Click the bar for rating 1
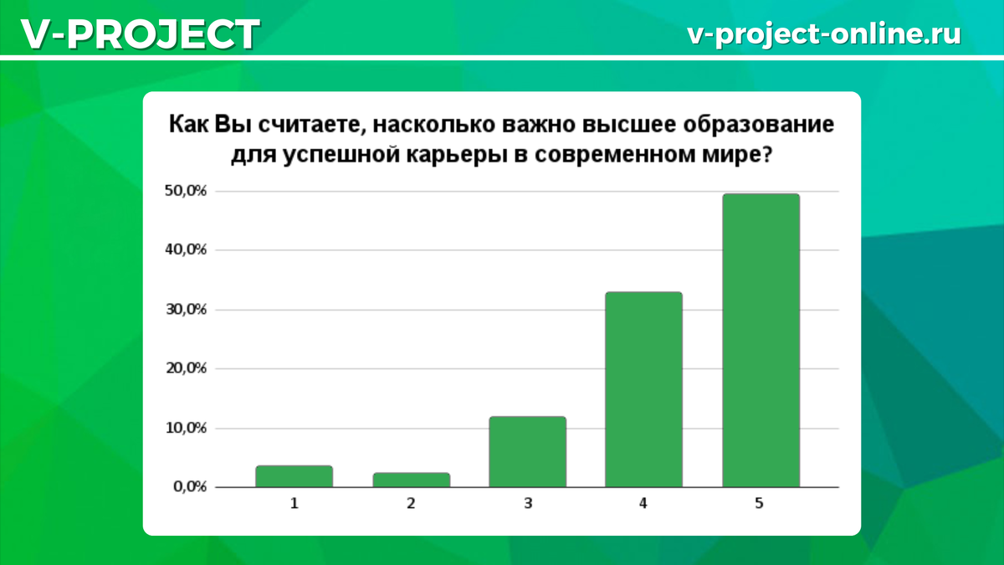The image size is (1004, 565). tap(294, 476)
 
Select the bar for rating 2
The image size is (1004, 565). tap(411, 480)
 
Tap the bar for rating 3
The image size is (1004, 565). tap(528, 451)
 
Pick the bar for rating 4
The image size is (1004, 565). tap(643, 389)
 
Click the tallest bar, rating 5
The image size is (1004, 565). tap(761, 341)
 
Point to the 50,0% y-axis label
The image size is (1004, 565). tap(186, 191)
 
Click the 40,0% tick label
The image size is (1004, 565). tap(186, 249)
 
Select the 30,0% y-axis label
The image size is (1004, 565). tap(186, 310)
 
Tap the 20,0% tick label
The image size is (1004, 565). tap(186, 368)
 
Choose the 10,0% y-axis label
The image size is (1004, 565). tap(186, 429)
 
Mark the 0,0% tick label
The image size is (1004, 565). tap(190, 486)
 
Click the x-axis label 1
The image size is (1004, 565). tap(294, 504)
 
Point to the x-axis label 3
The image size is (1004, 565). tap(528, 504)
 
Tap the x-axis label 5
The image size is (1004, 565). tap(759, 504)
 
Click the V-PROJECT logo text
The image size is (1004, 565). tap(141, 34)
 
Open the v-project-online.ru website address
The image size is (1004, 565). tap(824, 34)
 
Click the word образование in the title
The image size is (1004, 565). tap(758, 125)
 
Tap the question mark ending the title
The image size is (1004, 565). tap(767, 154)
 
